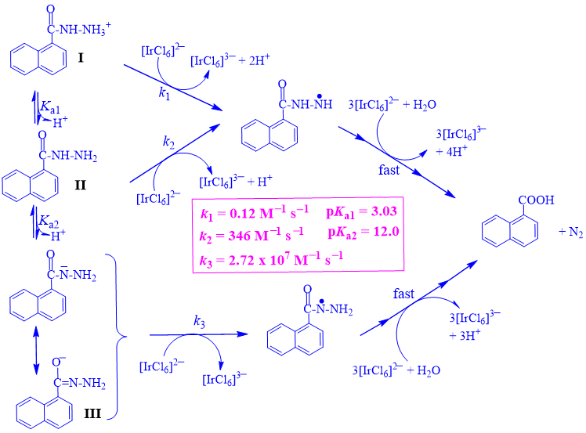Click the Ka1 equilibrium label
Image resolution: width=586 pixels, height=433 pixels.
click(x=52, y=107)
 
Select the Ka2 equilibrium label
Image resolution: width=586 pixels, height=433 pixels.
click(x=52, y=223)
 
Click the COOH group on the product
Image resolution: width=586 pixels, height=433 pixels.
click(x=536, y=201)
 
